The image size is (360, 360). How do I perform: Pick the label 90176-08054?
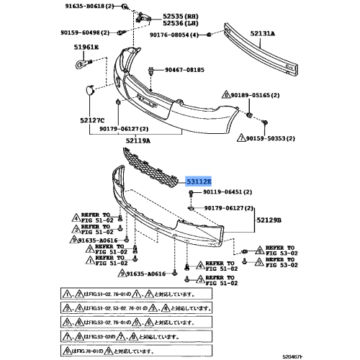coord(176,35)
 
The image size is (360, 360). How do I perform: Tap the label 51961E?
coord(85,49)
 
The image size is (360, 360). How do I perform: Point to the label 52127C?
coord(91,120)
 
